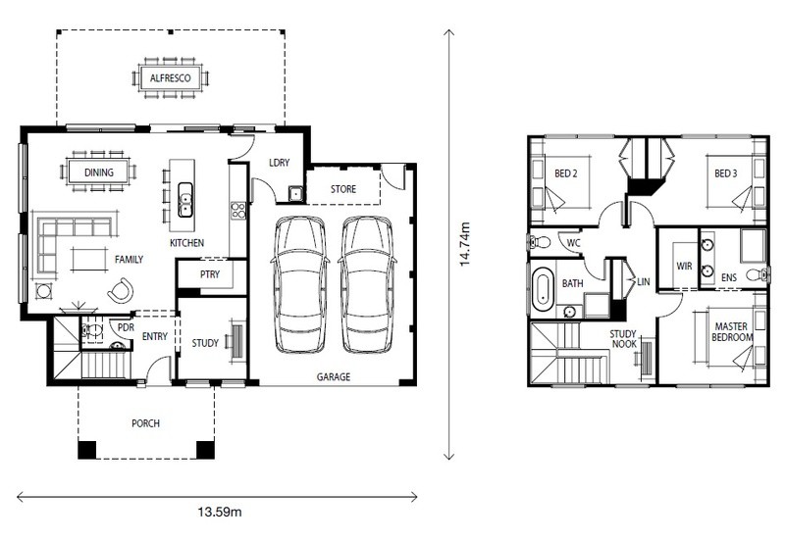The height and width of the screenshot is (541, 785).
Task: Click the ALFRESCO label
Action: [x=170, y=78]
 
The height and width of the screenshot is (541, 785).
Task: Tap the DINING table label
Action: [x=99, y=172]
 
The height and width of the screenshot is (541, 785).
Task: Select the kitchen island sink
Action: [x=185, y=200]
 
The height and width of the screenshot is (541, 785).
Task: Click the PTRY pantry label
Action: [x=210, y=274]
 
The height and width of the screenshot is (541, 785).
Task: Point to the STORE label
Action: [x=343, y=189]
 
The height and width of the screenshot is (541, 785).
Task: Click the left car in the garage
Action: [x=300, y=284]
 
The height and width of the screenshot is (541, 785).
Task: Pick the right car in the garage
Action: [x=367, y=284]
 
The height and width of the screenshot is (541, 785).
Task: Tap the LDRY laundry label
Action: [x=280, y=163]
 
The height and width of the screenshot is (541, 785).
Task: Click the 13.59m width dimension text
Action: [x=219, y=512]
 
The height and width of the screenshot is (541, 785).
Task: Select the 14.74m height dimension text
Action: [x=464, y=243]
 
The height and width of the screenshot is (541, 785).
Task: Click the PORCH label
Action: [x=145, y=423]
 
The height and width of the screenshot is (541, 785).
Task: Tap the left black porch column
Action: [x=87, y=450]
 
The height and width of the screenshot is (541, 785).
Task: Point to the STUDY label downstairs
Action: [x=205, y=343]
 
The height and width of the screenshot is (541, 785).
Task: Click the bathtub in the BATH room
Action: [x=543, y=290]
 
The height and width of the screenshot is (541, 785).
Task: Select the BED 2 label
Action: [x=566, y=173]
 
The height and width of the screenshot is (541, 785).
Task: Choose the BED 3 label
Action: [x=725, y=173]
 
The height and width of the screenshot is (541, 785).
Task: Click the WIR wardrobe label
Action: [x=684, y=266]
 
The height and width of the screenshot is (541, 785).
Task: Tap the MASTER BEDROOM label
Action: [x=732, y=332]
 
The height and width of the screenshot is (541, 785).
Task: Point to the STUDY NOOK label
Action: [x=623, y=339]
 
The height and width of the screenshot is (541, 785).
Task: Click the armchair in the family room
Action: [x=121, y=290]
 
